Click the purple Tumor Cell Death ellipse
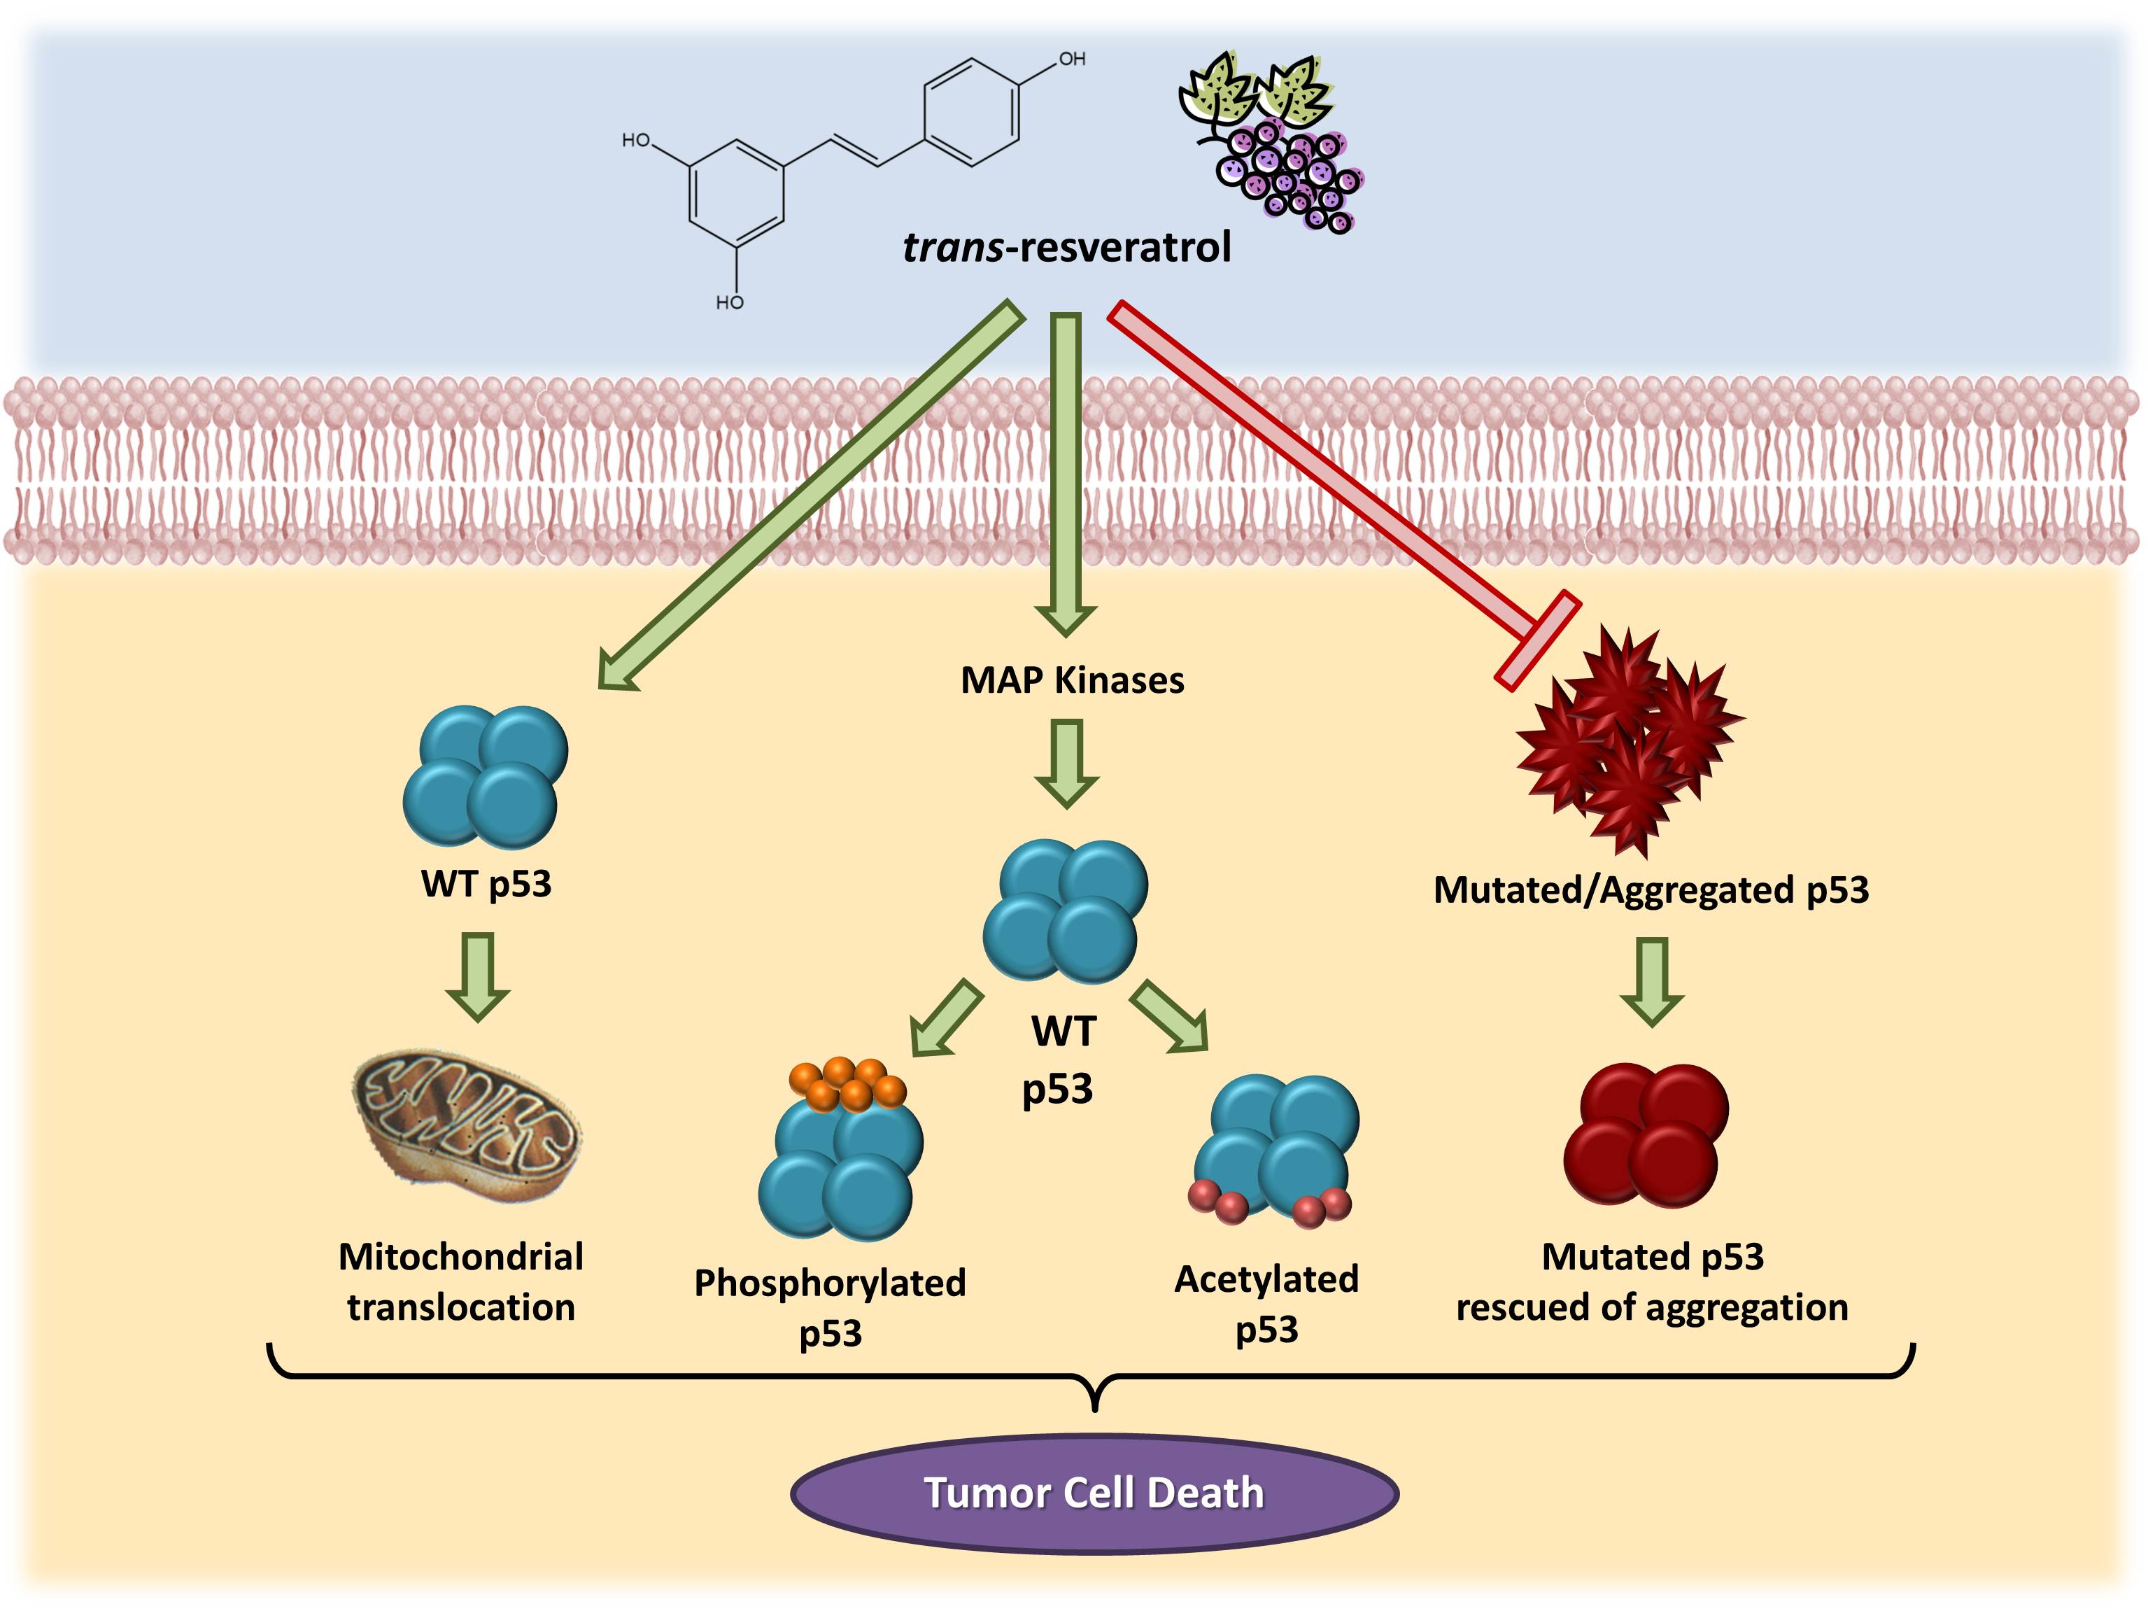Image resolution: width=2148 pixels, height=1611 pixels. (1094, 1493)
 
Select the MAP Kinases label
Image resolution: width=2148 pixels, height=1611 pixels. (1072, 680)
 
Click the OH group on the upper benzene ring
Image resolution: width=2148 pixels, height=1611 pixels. (1071, 59)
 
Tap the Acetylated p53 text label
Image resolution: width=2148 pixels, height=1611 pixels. (1266, 1303)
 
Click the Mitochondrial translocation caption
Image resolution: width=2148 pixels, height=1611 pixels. (461, 1282)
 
